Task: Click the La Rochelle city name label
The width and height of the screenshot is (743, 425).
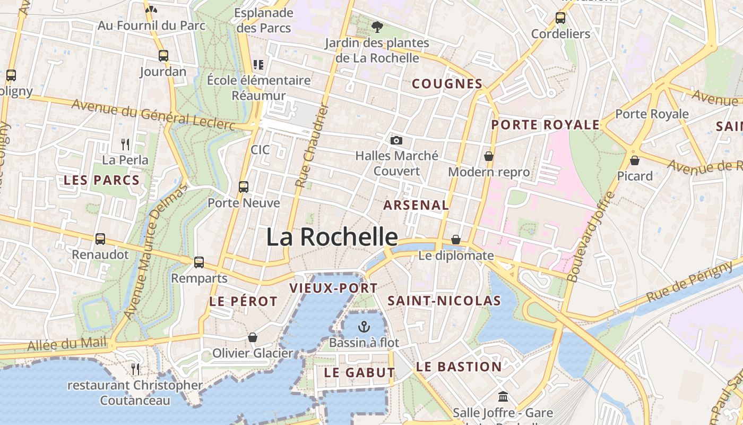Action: point(332,237)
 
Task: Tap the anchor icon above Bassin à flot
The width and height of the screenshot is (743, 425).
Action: point(364,326)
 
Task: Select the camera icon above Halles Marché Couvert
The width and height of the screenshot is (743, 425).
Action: point(396,140)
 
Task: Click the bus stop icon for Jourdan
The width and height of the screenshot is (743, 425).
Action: point(163,55)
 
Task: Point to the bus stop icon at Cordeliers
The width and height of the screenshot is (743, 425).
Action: point(560,18)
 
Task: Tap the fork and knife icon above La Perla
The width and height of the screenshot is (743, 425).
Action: point(125,144)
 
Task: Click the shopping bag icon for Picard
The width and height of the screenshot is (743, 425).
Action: point(634,160)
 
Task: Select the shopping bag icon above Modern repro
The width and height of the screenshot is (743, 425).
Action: point(488,156)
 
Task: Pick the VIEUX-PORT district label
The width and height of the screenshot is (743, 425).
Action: point(333,288)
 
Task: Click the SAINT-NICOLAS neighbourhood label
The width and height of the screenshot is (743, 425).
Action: point(444,301)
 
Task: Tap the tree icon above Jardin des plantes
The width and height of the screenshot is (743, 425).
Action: point(377,27)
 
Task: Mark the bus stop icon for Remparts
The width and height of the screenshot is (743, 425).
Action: point(199,262)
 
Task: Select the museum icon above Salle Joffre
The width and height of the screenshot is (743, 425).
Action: point(503,396)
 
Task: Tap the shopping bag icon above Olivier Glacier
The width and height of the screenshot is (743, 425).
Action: point(253,337)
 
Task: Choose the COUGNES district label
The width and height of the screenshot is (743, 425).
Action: point(447,83)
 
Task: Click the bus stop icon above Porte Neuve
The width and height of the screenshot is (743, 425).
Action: point(244,187)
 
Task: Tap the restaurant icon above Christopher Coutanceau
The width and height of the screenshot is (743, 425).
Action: point(135,369)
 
